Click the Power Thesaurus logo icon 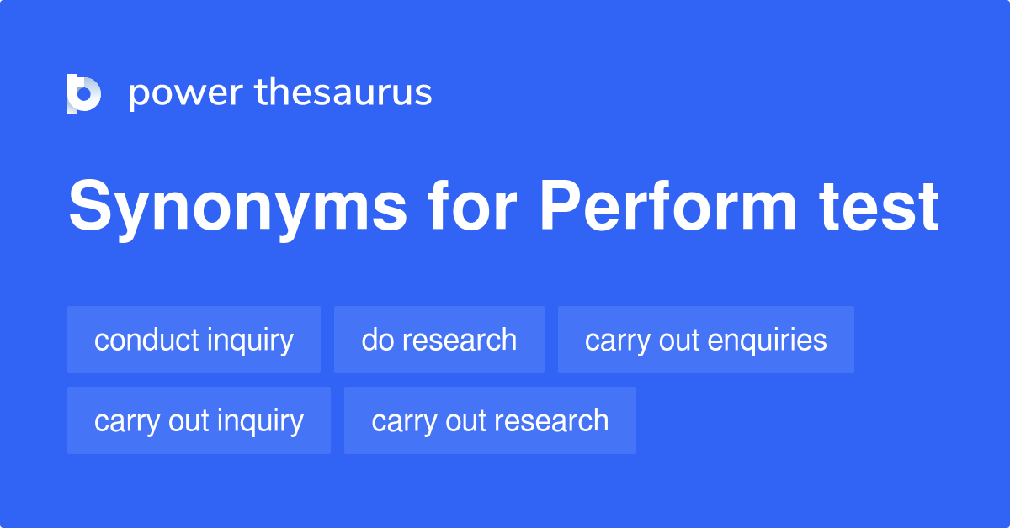pos(83,93)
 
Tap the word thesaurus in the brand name pos(343,93)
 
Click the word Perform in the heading pos(667,207)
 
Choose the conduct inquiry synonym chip pos(194,340)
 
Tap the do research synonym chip pos(439,340)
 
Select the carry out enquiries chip pos(705,340)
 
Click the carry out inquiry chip pos(199,420)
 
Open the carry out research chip pos(490,420)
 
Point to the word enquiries pos(767,340)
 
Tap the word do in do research pos(375,340)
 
